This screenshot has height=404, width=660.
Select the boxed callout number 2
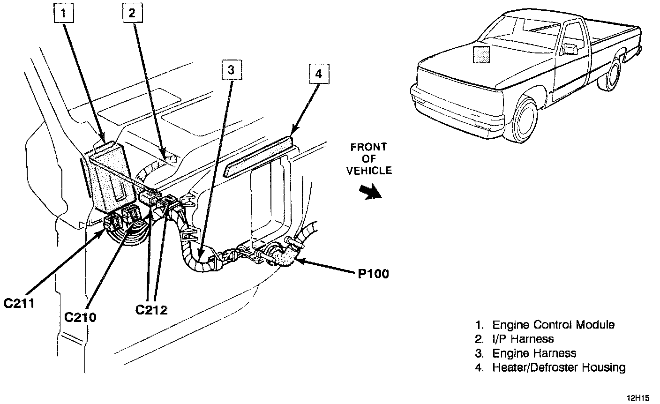(x=132, y=14)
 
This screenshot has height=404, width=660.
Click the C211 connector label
(x=19, y=304)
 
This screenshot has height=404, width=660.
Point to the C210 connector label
(x=80, y=317)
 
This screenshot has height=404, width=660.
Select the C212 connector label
(x=151, y=309)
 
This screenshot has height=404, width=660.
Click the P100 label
(x=374, y=273)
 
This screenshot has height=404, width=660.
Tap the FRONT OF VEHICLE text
(x=369, y=159)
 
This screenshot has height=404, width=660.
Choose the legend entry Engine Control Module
(x=553, y=325)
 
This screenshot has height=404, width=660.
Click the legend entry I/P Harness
(x=523, y=339)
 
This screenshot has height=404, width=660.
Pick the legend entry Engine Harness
(x=534, y=353)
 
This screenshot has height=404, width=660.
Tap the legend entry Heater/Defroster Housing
(x=558, y=367)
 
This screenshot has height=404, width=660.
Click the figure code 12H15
(x=638, y=398)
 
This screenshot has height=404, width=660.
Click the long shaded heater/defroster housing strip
(x=258, y=155)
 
